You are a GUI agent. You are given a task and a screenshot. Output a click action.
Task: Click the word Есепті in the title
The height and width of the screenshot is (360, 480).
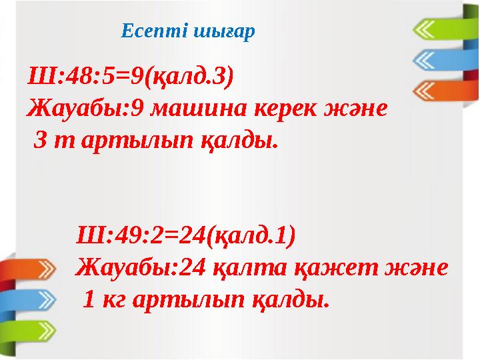pyautogui.click(x=148, y=31)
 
